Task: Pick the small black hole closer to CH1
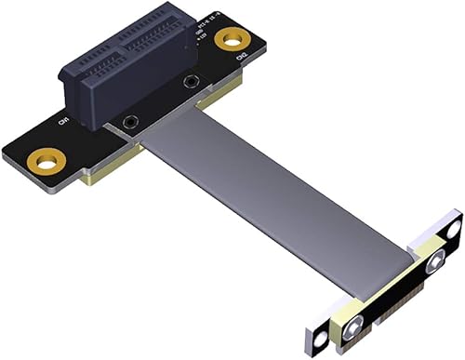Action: pos(131,121)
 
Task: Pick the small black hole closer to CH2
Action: pos(192,82)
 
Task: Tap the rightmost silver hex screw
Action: pos(433,265)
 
